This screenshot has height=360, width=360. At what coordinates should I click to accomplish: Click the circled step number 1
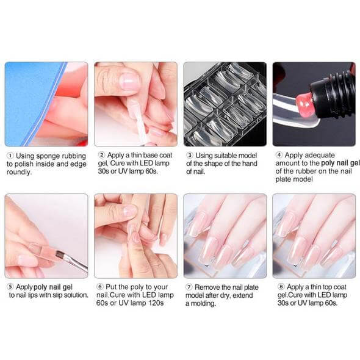[x=10, y=156]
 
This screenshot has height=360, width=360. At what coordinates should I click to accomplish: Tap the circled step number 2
[x=101, y=155]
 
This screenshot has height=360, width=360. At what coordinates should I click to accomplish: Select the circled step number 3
[x=189, y=156]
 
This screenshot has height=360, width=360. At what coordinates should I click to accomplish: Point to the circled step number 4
[x=279, y=155]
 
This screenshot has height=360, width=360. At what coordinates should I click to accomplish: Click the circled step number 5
[x=10, y=287]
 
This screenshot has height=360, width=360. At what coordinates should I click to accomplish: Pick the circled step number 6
[x=99, y=287]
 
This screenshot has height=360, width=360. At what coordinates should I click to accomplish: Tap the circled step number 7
[x=189, y=287]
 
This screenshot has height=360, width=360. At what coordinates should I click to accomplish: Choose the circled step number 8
[x=281, y=287]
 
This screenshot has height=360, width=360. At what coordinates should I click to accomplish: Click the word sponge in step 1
[x=48, y=157]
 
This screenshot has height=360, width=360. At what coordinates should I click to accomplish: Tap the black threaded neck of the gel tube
[x=333, y=92]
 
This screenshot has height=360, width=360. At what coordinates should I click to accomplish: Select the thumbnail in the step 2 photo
[x=129, y=82]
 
